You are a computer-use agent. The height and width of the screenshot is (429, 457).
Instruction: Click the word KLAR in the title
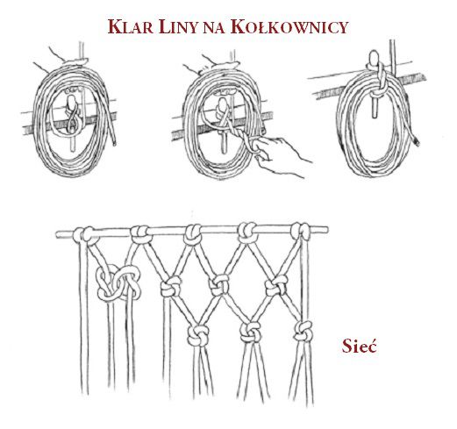tap(131, 26)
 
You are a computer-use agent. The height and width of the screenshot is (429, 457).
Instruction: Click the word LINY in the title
tap(177, 26)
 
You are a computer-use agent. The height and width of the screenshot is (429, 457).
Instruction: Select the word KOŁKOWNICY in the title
tap(289, 26)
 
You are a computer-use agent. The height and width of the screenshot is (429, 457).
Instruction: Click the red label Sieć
tap(360, 346)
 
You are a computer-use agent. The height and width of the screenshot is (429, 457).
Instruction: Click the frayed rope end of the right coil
tap(417, 142)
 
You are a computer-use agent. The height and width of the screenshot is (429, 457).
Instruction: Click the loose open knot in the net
tap(118, 283)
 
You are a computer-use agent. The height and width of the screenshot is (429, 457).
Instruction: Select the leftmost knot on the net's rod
tap(85, 235)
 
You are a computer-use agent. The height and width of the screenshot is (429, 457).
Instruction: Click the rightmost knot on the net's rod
tap(301, 231)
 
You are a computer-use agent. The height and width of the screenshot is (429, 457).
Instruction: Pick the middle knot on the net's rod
tap(193, 234)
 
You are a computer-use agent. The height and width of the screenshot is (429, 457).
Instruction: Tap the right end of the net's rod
tap(326, 230)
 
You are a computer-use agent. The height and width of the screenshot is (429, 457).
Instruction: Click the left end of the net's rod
tap(58, 234)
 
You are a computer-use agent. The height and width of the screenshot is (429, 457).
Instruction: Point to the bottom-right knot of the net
tap(303, 331)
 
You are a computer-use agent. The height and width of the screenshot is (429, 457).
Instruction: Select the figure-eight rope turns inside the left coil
tap(72, 116)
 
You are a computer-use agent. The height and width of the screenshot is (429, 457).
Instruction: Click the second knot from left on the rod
tap(141, 234)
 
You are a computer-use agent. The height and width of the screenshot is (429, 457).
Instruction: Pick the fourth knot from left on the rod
tap(247, 232)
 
